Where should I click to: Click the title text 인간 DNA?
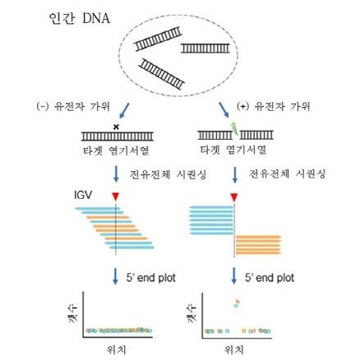(80, 18)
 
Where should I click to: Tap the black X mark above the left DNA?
(116, 127)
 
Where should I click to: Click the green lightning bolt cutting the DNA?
(234, 127)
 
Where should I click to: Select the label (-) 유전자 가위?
(73, 106)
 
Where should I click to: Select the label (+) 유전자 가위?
(273, 106)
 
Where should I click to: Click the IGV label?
(83, 196)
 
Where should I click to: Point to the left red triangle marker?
(116, 196)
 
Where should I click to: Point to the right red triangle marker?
(234, 197)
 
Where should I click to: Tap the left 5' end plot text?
(150, 278)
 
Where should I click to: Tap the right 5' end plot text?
(270, 278)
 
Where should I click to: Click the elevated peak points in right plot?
(237, 302)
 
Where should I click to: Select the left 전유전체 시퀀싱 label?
(168, 174)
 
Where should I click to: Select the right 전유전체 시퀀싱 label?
(287, 173)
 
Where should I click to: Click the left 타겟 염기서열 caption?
(116, 150)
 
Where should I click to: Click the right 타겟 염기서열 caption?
(233, 150)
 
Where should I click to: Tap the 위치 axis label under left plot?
(116, 349)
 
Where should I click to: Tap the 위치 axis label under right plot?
(234, 349)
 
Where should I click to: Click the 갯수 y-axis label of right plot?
(191, 312)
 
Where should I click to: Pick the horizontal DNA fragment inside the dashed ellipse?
(205, 48)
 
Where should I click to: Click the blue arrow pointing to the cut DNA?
(224, 110)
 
